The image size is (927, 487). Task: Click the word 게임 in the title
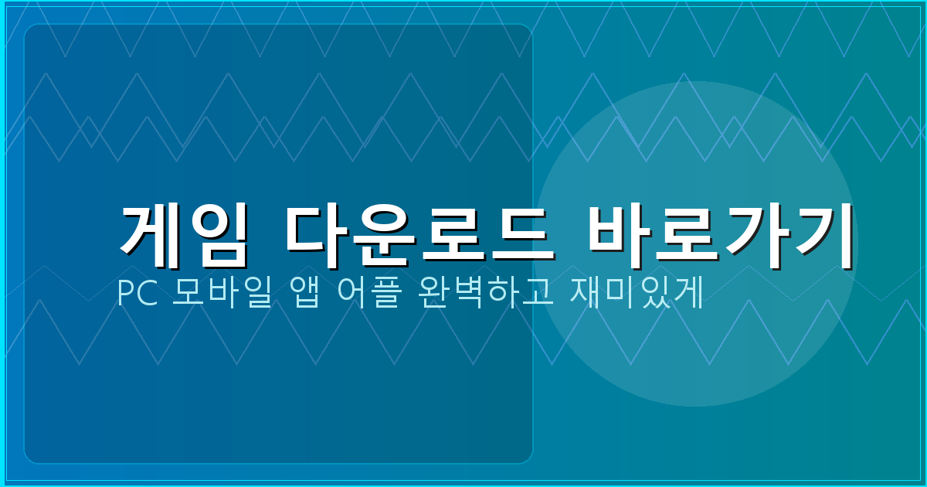[185, 230]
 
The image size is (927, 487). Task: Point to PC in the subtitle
[135, 294]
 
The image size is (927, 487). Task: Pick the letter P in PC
[126, 294]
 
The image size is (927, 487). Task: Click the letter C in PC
[145, 294]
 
